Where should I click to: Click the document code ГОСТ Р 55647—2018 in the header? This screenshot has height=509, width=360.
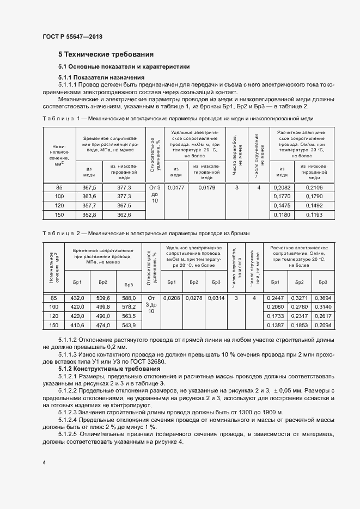click(x=72, y=37)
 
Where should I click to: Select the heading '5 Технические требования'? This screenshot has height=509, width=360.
click(x=106, y=54)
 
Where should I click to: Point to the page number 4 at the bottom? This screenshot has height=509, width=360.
click(x=44, y=462)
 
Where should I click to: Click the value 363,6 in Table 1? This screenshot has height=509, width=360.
click(x=89, y=196)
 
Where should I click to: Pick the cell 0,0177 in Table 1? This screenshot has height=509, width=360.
click(x=175, y=187)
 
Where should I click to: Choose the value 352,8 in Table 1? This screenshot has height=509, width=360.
click(x=89, y=215)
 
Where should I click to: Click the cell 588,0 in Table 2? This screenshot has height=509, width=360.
click(x=128, y=298)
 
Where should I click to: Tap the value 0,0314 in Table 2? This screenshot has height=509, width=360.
click(x=216, y=298)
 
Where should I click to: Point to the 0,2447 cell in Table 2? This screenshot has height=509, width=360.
click(x=275, y=298)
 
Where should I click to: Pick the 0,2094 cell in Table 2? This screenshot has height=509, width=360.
click(x=323, y=324)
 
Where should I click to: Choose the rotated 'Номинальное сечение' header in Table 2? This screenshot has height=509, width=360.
click(x=53, y=268)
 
